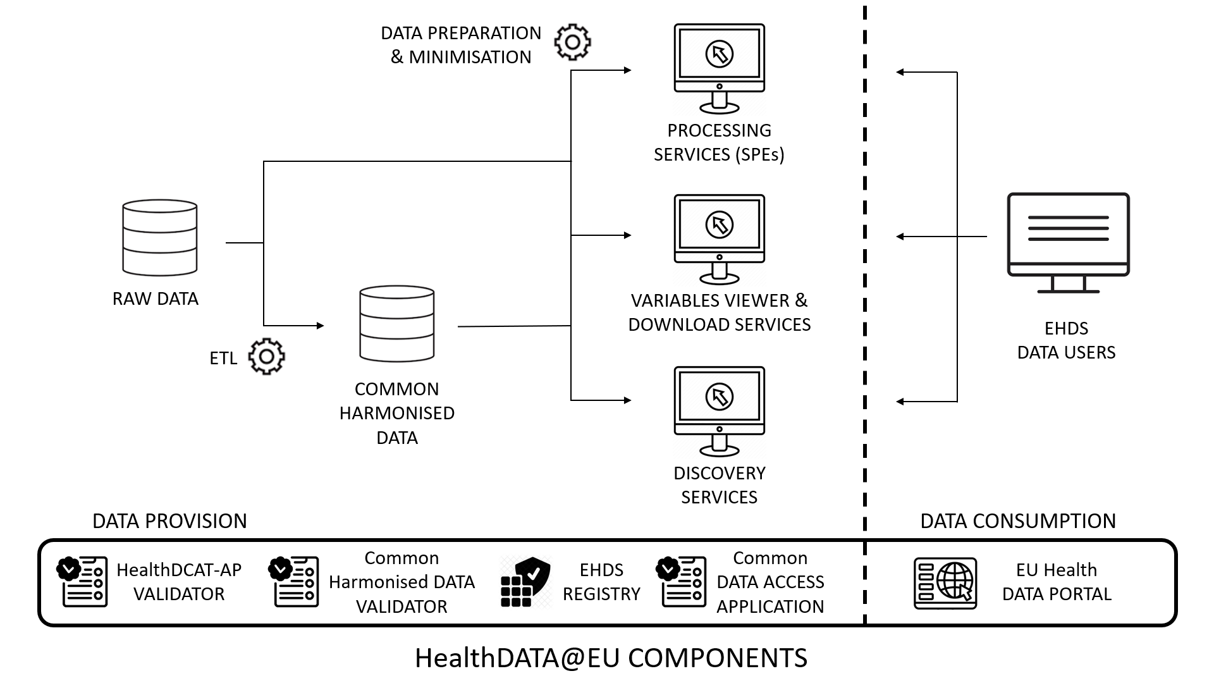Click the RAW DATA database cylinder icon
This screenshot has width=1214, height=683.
(160, 238)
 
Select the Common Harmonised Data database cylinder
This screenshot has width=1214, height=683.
(397, 323)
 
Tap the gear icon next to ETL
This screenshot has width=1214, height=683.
(267, 356)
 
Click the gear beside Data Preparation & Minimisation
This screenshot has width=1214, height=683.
(572, 42)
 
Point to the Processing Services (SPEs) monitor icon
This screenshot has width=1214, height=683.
(720, 68)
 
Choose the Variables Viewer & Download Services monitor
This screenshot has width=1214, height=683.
(720, 238)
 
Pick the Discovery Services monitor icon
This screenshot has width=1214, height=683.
(720, 410)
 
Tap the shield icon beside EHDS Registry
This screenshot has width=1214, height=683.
(525, 582)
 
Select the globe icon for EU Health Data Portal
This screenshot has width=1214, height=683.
(946, 582)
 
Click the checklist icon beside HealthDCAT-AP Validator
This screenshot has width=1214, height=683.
(83, 582)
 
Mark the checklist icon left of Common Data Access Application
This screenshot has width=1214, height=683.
(682, 582)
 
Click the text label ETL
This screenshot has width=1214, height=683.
(223, 359)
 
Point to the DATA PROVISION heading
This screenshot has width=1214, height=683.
(169, 521)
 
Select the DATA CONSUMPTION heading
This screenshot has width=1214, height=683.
(1018, 521)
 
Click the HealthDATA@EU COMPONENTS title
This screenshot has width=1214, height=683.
(611, 658)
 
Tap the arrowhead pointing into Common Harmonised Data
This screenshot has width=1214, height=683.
(320, 326)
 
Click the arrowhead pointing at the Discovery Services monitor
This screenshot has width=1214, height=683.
(627, 400)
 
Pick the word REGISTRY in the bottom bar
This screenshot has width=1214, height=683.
(601, 594)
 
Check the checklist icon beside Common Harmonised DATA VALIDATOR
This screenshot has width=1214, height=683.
(295, 582)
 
